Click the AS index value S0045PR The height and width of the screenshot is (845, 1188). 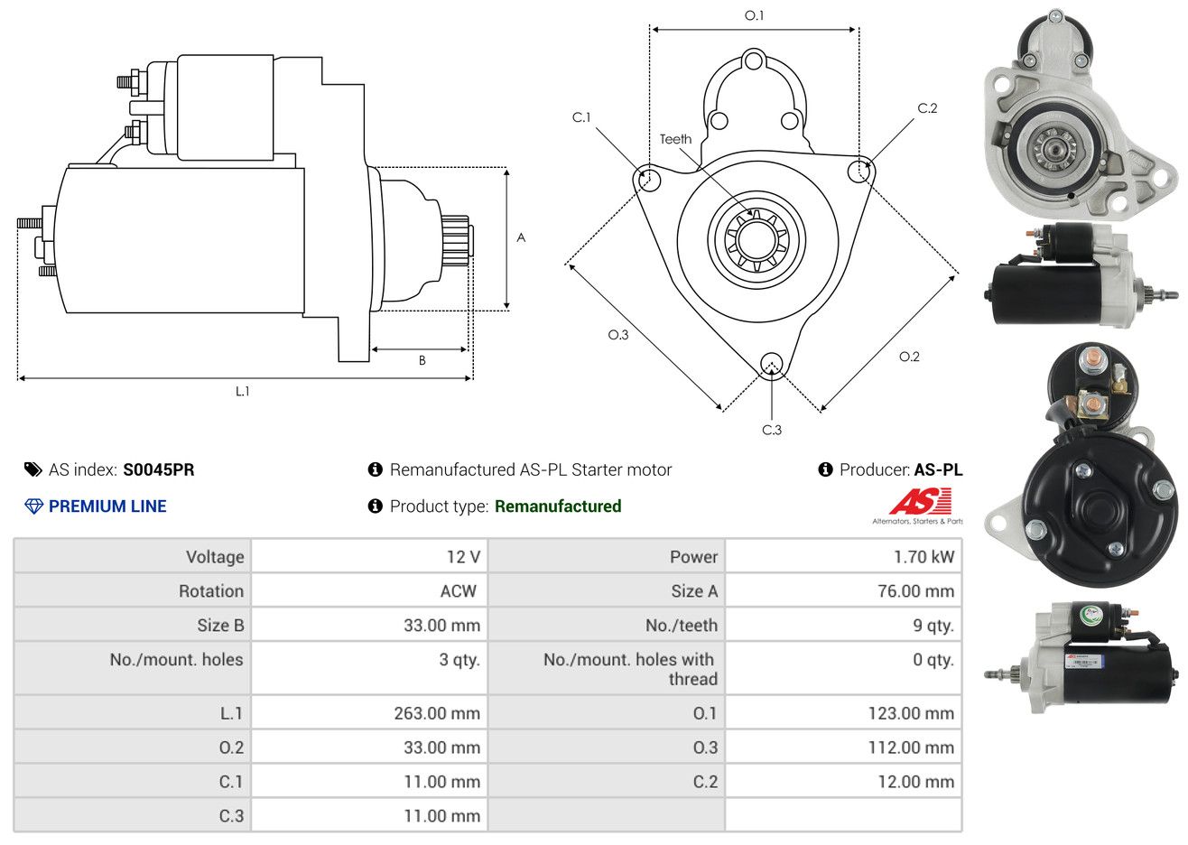coord(159,470)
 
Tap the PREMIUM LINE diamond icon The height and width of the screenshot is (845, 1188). coord(34,506)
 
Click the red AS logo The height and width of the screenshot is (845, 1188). coord(921,501)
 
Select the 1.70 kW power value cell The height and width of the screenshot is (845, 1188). coord(843,556)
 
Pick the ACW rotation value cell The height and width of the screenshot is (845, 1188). coord(369,591)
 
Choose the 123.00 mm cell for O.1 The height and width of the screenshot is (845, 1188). coord(843,713)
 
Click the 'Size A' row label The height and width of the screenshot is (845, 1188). coord(694,591)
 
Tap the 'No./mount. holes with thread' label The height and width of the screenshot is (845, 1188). coord(631,669)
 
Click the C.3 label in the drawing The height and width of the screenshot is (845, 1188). coord(772,430)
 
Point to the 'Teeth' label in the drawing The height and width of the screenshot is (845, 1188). coord(675,139)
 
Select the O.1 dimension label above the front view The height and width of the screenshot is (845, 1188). coord(754,16)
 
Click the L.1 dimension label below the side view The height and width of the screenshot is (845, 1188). coord(242,392)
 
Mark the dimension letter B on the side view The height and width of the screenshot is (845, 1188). coord(422,361)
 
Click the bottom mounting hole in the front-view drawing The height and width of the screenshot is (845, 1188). coord(772,365)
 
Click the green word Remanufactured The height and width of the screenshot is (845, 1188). coord(558,506)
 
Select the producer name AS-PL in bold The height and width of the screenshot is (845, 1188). coord(938,470)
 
